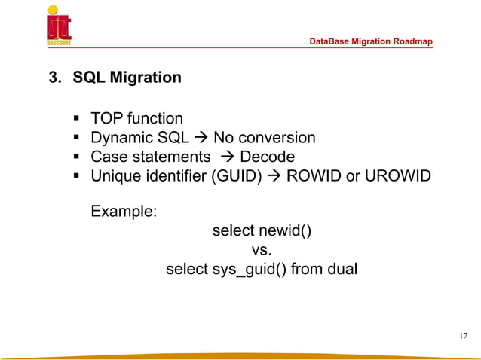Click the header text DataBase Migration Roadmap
(x=372, y=41)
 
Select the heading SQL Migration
(x=127, y=77)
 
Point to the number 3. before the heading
(x=56, y=77)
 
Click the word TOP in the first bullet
(x=106, y=118)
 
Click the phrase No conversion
(x=265, y=138)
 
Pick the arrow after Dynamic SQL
(x=201, y=138)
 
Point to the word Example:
(x=124, y=212)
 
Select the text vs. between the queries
(x=260, y=249)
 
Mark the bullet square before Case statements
(x=77, y=157)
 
